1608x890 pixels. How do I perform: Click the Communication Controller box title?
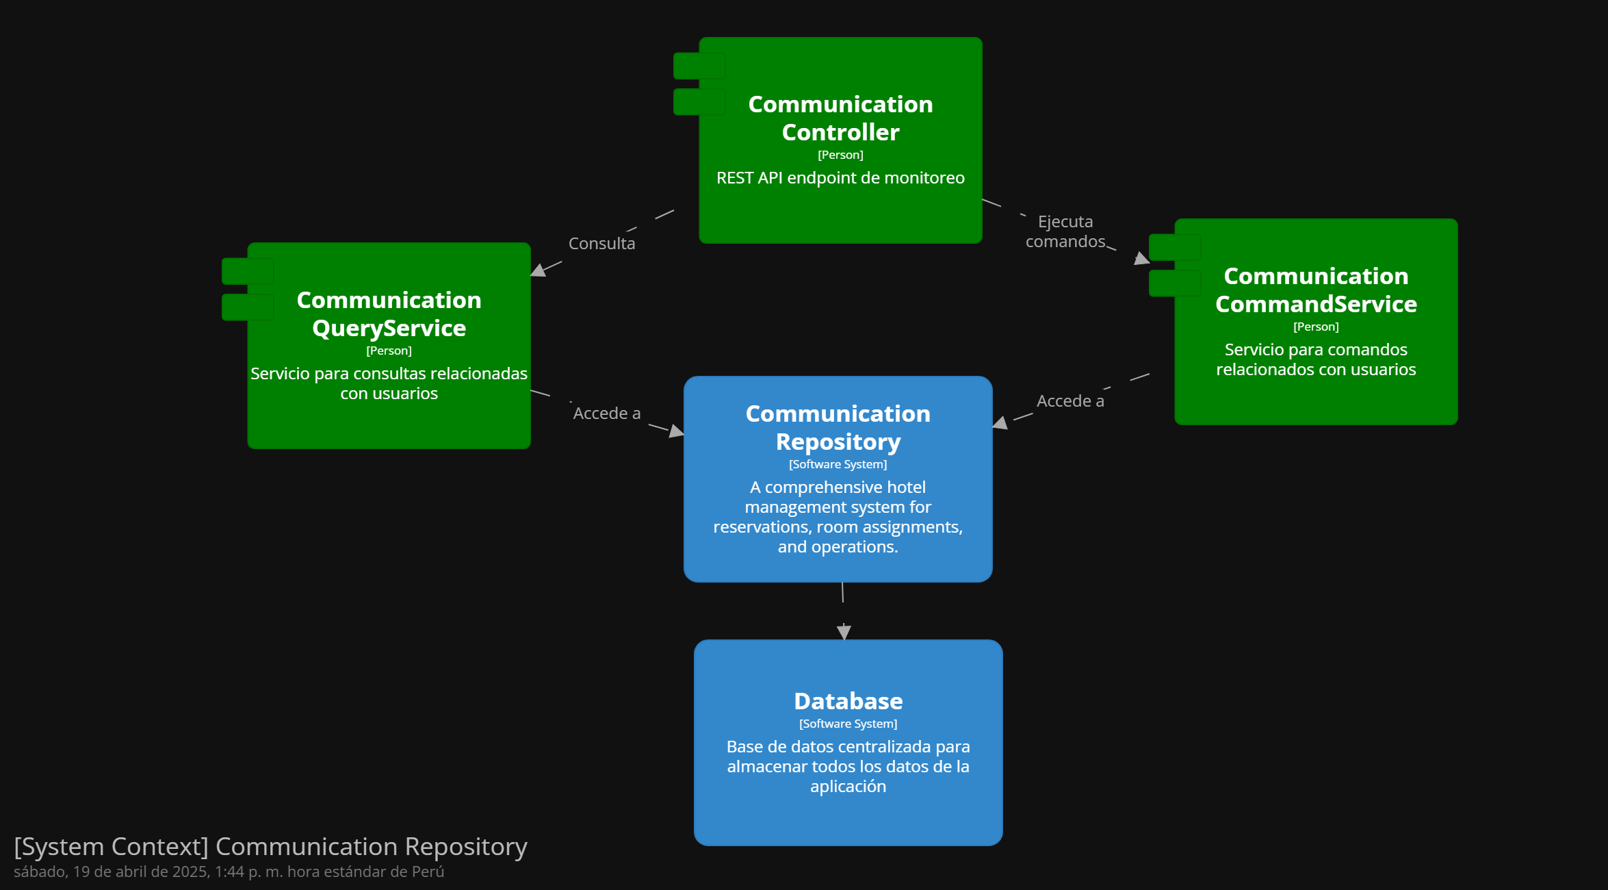[840, 118]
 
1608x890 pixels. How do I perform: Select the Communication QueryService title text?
[389, 314]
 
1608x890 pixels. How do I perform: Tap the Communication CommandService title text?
[1316, 290]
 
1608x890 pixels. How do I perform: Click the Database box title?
[848, 701]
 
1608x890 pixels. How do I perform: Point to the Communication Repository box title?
[838, 427]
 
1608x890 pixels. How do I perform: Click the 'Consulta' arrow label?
[602, 243]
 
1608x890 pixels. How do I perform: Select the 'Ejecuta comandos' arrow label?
[1065, 231]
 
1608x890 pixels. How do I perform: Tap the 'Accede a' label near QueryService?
[607, 413]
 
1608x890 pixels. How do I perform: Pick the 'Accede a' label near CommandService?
[1070, 400]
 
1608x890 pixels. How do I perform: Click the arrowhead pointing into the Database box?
[844, 632]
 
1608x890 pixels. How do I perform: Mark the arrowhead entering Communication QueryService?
[539, 270]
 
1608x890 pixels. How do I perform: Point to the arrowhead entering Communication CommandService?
[1141, 258]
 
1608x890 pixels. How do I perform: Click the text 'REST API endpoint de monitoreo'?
[840, 178]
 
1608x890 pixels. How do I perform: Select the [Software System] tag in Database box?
[848, 724]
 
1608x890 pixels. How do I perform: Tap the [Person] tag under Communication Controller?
[840, 155]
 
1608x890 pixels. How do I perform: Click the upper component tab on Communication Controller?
[699, 66]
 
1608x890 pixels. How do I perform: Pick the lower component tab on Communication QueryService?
[248, 307]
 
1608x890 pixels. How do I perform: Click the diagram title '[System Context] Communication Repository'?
[270, 847]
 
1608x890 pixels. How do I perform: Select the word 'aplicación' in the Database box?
[848, 787]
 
